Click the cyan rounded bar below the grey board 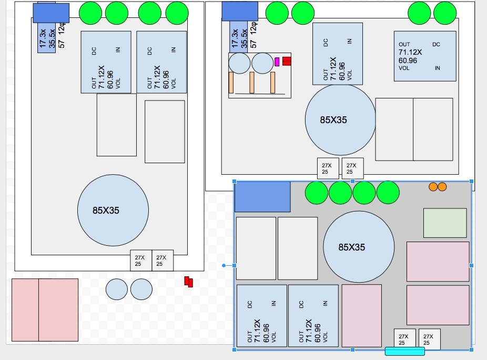[x=404, y=351]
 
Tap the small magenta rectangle [x=277, y=62]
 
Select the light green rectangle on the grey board [x=445, y=223]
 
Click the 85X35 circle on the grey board [x=359, y=247]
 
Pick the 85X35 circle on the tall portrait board [x=113, y=210]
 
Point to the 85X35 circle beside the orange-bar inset [x=340, y=119]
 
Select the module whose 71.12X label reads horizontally [x=425, y=56]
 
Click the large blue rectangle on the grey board [x=262, y=197]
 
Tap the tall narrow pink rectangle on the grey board [x=362, y=315]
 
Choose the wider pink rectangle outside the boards [x=58, y=309]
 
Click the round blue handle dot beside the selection [x=224, y=265]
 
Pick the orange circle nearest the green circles [x=433, y=186]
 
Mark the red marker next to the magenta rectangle [x=287, y=61]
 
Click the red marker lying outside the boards [x=189, y=282]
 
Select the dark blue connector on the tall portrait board [x=51, y=13]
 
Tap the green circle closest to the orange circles [x=388, y=193]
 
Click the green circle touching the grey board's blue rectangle [x=316, y=193]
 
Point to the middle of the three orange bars [x=252, y=83]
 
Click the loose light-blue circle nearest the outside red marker [x=141, y=289]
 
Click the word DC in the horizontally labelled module [x=436, y=45]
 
